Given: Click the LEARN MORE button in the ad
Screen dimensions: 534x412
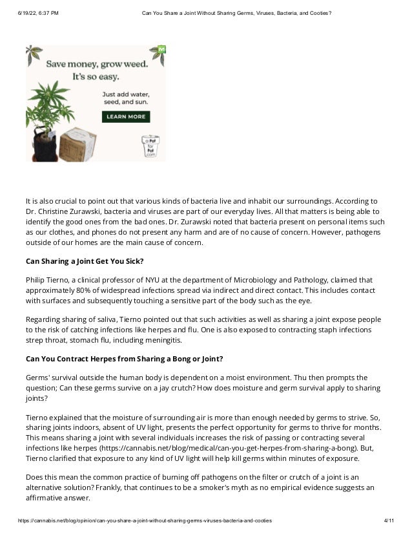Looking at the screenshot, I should click(x=126, y=117).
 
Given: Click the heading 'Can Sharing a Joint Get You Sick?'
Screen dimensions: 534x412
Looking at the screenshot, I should click(x=85, y=261).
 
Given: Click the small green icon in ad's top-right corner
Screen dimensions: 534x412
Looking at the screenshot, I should click(x=161, y=49).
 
